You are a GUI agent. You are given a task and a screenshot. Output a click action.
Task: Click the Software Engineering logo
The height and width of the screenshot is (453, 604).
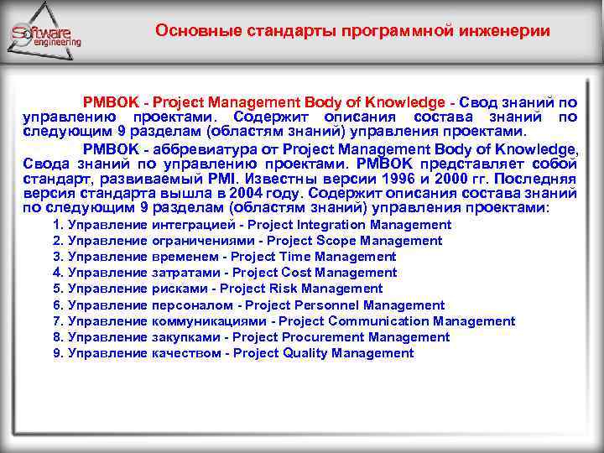click(44, 35)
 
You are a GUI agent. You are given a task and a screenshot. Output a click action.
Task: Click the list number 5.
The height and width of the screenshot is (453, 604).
click(57, 289)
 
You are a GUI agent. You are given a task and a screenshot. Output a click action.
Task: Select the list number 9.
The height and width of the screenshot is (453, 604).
click(57, 353)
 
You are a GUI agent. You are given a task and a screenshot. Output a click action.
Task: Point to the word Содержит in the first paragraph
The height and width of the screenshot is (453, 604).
click(270, 117)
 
